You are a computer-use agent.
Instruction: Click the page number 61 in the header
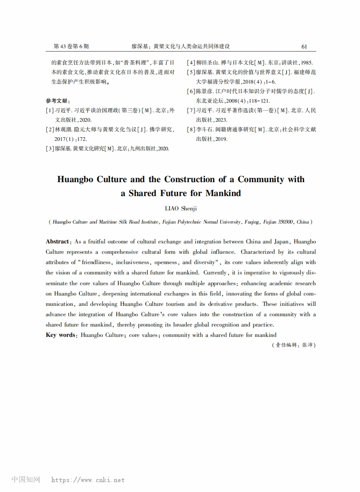pyautogui.click(x=304, y=47)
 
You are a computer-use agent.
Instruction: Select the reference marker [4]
pyautogui.click(x=191, y=63)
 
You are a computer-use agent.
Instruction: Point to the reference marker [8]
pyautogui.click(x=191, y=130)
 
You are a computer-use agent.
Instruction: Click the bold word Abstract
pyautogui.click(x=57, y=241)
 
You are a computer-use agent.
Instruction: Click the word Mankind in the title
pyautogui.click(x=223, y=193)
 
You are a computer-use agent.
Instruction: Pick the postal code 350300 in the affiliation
pyautogui.click(x=285, y=222)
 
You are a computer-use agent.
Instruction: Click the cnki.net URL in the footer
pyautogui.click(x=88, y=480)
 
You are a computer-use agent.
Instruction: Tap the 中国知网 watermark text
pyautogui.click(x=26, y=480)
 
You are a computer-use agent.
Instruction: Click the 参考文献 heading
pyautogui.click(x=58, y=101)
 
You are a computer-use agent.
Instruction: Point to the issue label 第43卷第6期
pyautogui.click(x=71, y=47)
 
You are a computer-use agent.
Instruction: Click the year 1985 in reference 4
pyautogui.click(x=306, y=63)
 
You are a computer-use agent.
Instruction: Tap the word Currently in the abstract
pyautogui.click(x=215, y=273)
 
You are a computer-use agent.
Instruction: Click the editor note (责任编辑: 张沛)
pyautogui.click(x=294, y=345)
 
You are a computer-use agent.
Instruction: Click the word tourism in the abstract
pyautogui.click(x=176, y=304)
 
